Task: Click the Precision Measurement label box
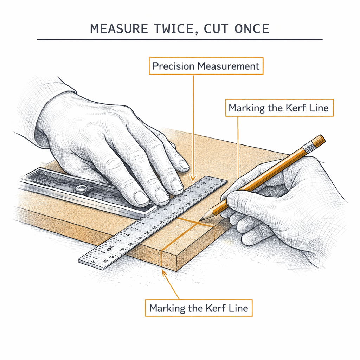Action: (206, 66)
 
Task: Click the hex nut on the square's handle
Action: (81, 189)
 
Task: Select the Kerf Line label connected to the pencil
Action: (278, 108)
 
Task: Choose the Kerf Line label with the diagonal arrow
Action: (199, 308)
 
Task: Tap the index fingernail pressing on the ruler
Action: (183, 164)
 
